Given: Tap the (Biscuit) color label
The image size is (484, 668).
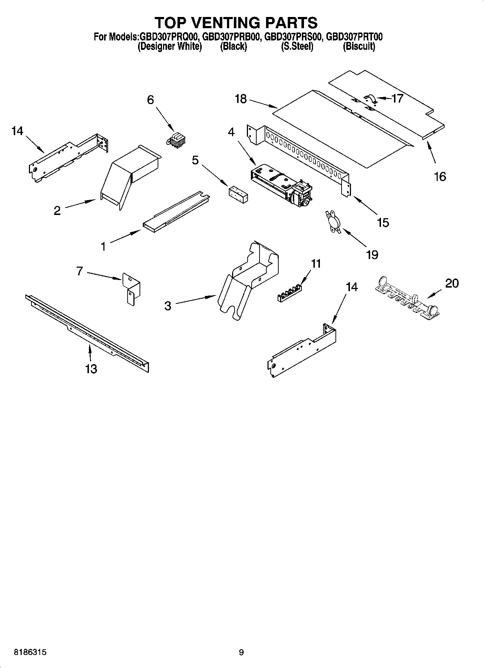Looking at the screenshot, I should point(359,46).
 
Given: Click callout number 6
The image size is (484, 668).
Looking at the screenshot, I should point(150,100).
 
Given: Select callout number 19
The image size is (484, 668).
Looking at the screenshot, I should point(372,255).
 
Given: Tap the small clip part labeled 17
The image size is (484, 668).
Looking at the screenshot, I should point(370,99).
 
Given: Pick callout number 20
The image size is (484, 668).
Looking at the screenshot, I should point(451,283).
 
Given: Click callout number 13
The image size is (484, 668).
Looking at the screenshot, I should point(91,369).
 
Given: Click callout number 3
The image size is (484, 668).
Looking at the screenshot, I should point(168,306).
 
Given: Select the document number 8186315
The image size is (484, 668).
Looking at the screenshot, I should point(30,652).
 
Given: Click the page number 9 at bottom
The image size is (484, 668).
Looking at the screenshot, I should point(241,652).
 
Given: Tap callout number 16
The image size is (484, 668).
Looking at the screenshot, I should point(440,177).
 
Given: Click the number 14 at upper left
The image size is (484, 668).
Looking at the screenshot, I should point(17,131).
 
